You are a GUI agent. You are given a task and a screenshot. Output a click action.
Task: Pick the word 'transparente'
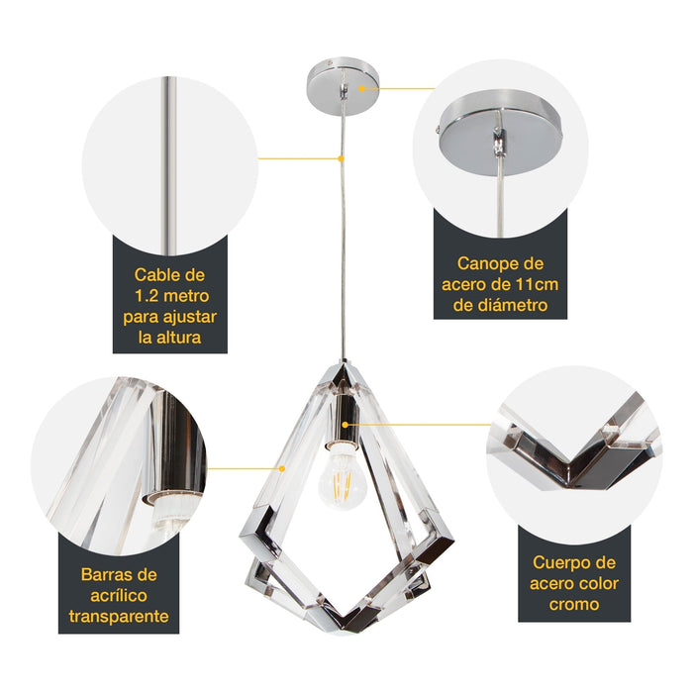tap(119, 617)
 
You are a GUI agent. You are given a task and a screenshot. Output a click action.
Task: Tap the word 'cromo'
tap(572, 604)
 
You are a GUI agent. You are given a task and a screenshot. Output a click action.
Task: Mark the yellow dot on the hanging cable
tap(342, 157)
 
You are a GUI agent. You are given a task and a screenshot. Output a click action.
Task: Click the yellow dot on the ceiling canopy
tap(362, 87)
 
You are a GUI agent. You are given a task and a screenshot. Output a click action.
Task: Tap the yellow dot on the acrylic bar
tap(283, 467)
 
